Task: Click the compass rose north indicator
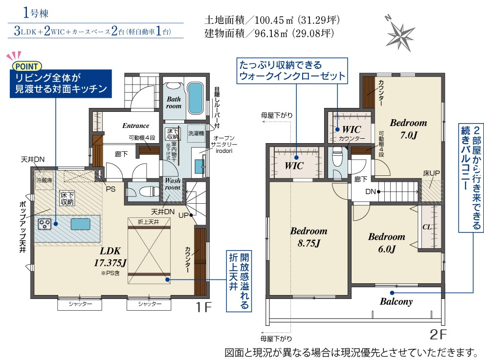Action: (x=399, y=34)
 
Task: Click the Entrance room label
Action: (x=135, y=126)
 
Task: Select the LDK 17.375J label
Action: (x=110, y=256)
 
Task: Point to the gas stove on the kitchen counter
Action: (x=44, y=224)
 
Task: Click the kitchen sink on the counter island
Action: (x=81, y=224)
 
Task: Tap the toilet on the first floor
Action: (x=148, y=192)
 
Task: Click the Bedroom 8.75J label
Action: (x=308, y=237)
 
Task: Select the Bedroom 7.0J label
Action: (x=408, y=128)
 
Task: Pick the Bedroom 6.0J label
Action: (x=386, y=242)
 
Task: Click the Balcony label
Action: (x=396, y=301)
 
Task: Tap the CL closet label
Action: (x=427, y=227)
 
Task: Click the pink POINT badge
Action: (x=27, y=66)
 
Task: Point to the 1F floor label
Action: (x=204, y=307)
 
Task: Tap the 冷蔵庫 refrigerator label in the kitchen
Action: (x=44, y=180)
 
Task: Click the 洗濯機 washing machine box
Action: (x=196, y=133)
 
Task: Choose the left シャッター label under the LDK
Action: (x=80, y=304)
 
